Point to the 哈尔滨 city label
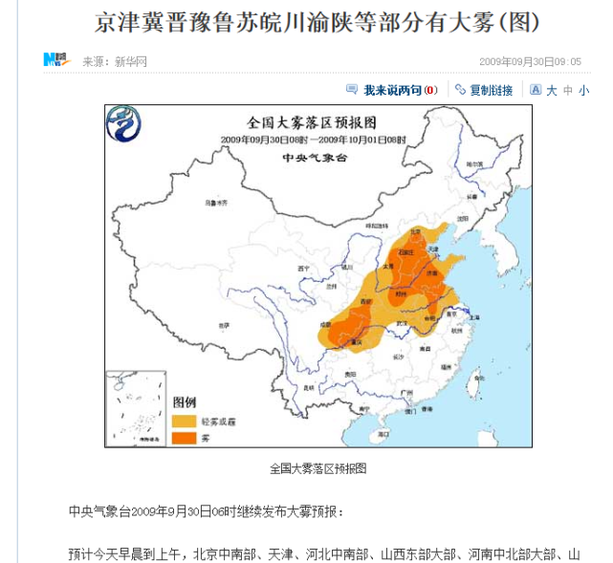(x=471, y=164)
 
